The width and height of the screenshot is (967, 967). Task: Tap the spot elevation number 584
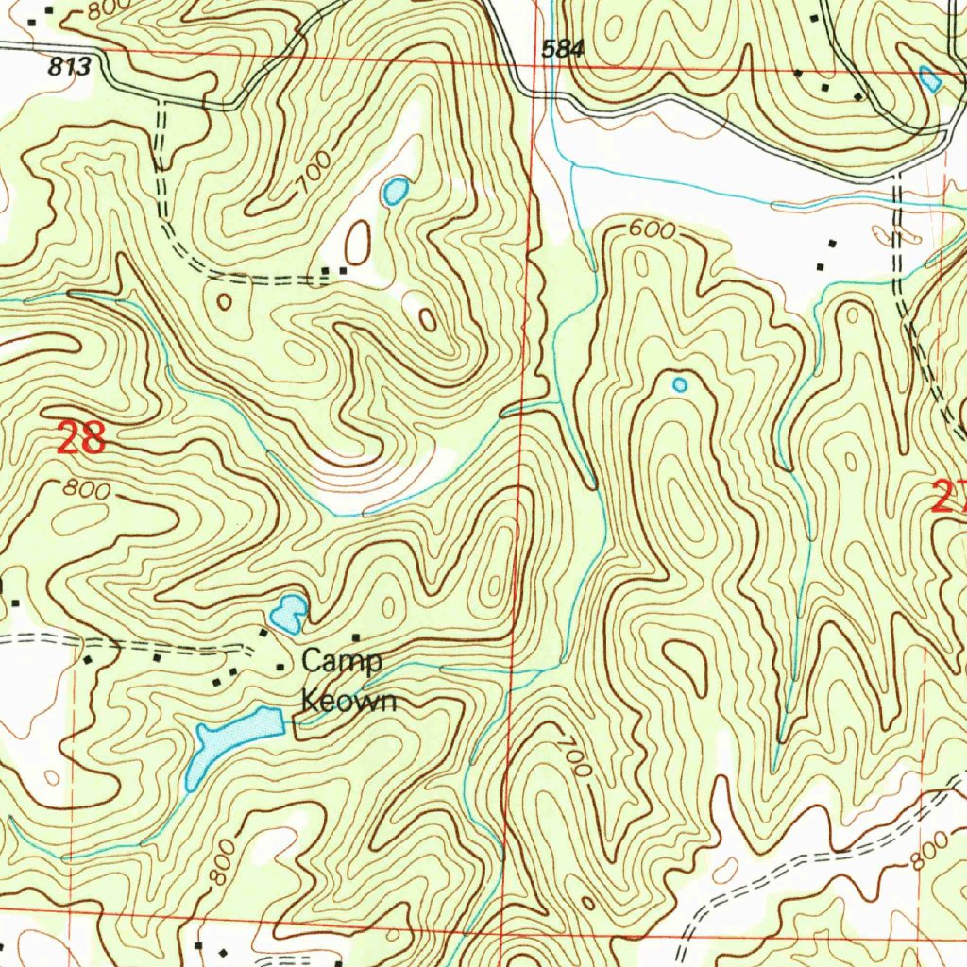coord(564,50)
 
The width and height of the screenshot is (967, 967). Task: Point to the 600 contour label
coord(652,229)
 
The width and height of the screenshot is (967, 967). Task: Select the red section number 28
coord(81,439)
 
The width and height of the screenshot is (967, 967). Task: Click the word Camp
coord(342,661)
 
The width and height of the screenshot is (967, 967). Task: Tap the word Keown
coord(348,702)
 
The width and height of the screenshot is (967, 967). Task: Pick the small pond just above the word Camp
coord(287,614)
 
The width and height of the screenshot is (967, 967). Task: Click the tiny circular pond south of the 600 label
coord(679,384)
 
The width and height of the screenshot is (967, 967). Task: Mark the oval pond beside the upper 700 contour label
coord(395,192)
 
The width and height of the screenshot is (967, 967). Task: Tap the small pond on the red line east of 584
coord(930,79)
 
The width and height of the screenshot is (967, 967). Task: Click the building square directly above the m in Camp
coord(357,638)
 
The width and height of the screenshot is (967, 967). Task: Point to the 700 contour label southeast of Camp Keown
coord(575,755)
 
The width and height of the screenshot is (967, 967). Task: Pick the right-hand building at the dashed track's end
coord(343,271)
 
